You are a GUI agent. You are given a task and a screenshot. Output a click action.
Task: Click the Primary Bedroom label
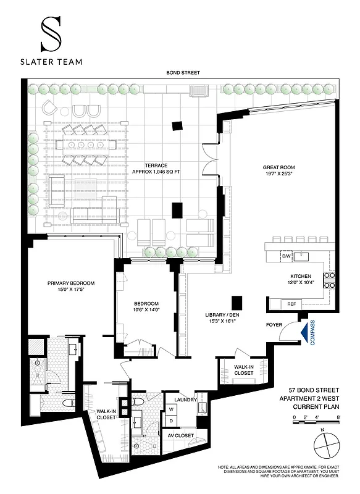pyautogui.click(x=69, y=283)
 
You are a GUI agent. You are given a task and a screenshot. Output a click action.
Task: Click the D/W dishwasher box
pyautogui.click(x=286, y=256)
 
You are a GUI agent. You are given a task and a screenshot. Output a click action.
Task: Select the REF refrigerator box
pyautogui.click(x=291, y=304)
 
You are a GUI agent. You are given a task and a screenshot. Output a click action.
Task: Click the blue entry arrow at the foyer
pyautogui.click(x=303, y=332)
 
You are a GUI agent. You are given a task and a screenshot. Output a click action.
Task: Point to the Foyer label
pyautogui.click(x=275, y=324)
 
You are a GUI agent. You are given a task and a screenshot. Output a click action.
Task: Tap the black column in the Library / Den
pyautogui.click(x=236, y=302)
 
